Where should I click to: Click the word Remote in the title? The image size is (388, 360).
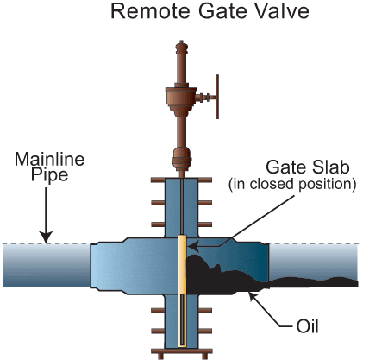tap(150, 11)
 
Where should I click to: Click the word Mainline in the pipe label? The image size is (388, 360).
tap(49, 159)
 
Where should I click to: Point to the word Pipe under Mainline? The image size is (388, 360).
tap(49, 174)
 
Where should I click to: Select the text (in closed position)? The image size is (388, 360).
tap(292, 184)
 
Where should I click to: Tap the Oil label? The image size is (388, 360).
tap(307, 326)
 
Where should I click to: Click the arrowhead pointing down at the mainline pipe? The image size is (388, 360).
tap(46, 237)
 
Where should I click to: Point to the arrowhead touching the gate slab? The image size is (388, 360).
tap(193, 246)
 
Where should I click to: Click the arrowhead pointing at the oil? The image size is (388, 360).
tap(253, 296)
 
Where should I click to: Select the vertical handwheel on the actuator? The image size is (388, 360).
tap(217, 97)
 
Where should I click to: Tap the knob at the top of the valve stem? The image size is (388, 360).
tap(181, 47)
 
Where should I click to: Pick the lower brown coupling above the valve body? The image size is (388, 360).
tap(182, 159)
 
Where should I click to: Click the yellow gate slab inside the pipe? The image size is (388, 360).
tap(182, 291)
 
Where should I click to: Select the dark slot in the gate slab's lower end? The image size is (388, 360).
tap(182, 319)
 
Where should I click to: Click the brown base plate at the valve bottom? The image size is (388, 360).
tap(182, 351)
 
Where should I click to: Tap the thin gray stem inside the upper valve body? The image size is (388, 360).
tap(182, 206)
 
